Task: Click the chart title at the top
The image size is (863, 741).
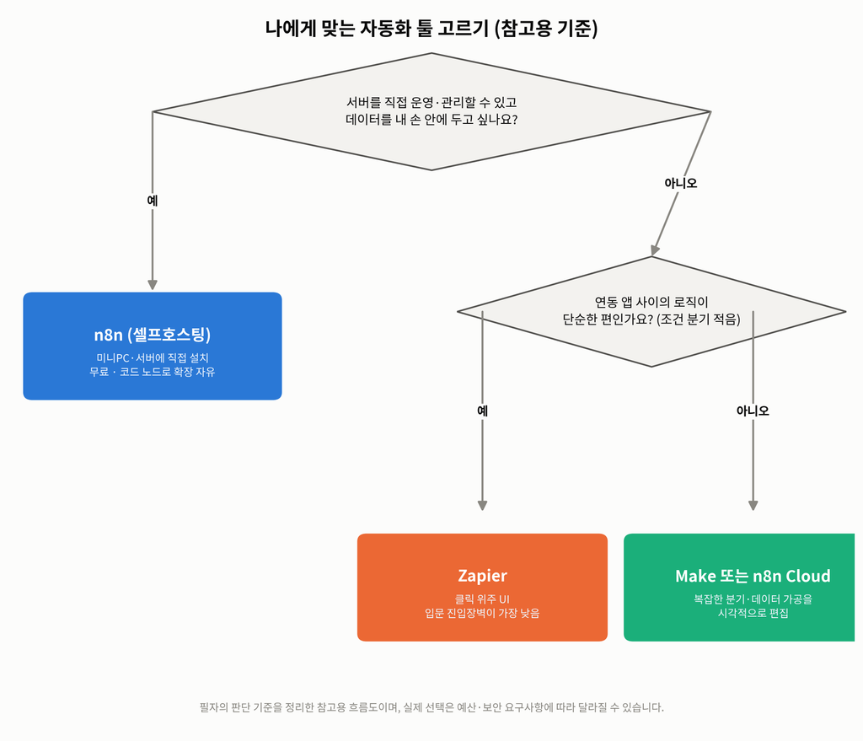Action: point(431,28)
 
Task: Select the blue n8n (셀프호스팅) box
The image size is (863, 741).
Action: point(153,346)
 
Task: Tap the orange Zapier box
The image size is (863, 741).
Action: point(482,587)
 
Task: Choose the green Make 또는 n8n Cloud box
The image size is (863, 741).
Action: point(739,587)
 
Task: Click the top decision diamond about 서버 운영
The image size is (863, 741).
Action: point(431,112)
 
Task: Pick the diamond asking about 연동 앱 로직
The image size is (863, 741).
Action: point(651,312)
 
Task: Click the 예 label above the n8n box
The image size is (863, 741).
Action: point(153,201)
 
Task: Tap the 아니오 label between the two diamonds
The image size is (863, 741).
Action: point(681,183)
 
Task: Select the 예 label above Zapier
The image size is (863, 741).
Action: point(482,411)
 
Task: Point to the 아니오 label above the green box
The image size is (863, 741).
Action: point(753,411)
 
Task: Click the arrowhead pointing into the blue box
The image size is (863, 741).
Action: point(153,285)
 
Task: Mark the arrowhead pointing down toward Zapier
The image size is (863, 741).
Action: point(482,505)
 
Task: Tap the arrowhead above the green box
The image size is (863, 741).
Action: point(753,505)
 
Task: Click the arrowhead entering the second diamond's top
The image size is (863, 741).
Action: point(654,250)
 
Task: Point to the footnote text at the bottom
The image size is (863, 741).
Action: point(431,707)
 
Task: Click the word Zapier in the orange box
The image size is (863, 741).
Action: point(482,576)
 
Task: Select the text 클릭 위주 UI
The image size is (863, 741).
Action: point(482,599)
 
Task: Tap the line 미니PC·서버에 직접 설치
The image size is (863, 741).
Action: point(153,357)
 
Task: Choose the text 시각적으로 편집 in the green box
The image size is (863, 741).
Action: point(753,613)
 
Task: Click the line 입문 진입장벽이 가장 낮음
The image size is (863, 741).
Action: point(482,613)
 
